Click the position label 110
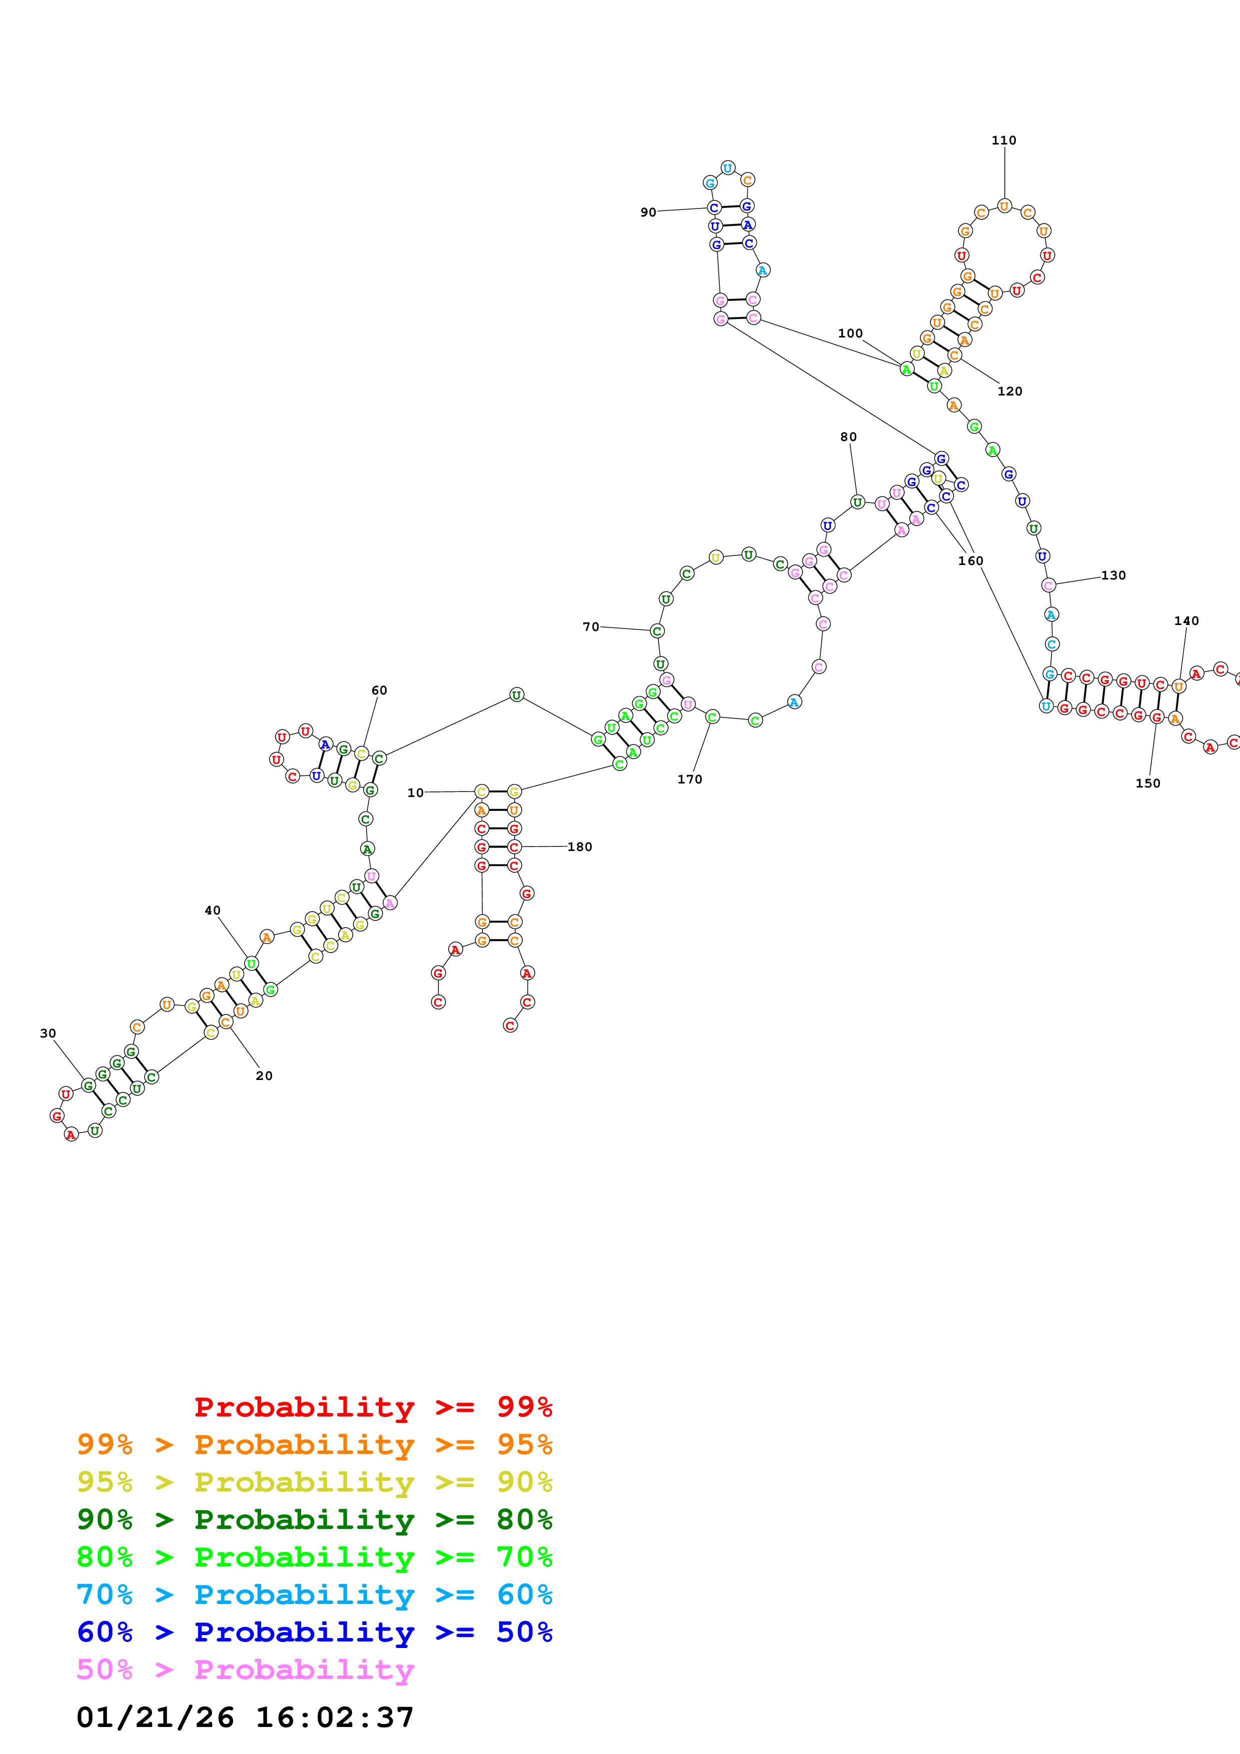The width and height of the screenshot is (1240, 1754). tap(1003, 140)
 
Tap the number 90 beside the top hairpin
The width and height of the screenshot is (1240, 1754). tap(648, 212)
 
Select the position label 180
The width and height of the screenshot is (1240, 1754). tap(579, 846)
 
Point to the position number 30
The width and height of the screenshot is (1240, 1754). tap(48, 1033)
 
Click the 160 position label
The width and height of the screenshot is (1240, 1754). tap(970, 560)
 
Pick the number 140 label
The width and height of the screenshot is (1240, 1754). tap(1186, 621)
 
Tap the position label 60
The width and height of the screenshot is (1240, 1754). tap(379, 690)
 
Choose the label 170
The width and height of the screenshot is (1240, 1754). tap(689, 779)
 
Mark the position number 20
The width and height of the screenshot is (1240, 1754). tap(264, 1075)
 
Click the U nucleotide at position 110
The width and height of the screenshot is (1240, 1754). tap(1004, 206)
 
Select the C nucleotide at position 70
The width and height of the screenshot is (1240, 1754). tap(657, 631)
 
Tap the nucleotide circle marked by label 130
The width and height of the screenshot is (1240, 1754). tap(1048, 585)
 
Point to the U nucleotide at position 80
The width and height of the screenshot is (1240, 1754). tap(857, 502)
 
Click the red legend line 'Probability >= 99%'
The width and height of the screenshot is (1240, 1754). tap(373, 1407)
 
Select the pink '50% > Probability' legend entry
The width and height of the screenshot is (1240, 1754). tap(245, 1670)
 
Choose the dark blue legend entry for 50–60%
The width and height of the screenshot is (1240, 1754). tap(315, 1632)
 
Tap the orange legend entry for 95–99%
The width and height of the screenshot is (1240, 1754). tap(315, 1444)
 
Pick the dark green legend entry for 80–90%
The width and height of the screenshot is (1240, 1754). tap(315, 1519)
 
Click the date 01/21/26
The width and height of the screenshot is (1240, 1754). tap(155, 1718)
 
